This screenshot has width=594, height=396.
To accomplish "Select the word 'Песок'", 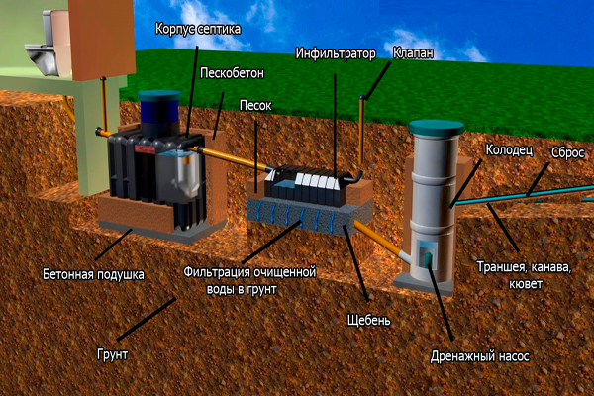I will (x=256, y=103).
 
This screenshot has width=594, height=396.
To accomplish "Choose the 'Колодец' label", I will (x=509, y=150).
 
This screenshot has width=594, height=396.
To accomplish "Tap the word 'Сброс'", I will (x=568, y=154).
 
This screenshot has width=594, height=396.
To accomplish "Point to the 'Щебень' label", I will (x=370, y=320).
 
